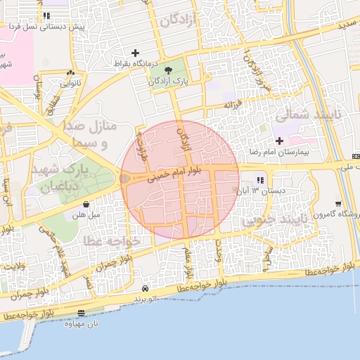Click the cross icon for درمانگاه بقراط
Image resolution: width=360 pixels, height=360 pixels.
(x=136, y=53)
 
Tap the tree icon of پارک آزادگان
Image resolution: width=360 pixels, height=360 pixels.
(x=168, y=70)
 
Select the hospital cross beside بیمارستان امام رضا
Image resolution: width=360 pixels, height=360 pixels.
(x=280, y=141)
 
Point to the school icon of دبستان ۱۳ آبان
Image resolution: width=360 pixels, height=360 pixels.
(x=261, y=180)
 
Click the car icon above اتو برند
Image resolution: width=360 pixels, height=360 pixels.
(x=145, y=288)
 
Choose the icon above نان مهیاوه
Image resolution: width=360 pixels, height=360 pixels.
(x=82, y=313)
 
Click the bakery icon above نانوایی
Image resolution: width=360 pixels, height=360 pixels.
(x=70, y=72)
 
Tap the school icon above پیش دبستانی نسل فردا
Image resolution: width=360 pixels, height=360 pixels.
(x=46, y=15)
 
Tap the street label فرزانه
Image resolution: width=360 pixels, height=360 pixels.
(x=233, y=105)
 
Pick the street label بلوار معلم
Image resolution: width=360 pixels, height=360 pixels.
(x=188, y=261)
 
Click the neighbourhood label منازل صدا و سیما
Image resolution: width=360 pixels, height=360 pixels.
(x=98, y=134)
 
